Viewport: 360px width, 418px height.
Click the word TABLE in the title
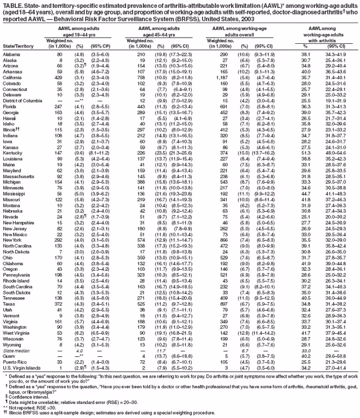pos(11,4)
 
